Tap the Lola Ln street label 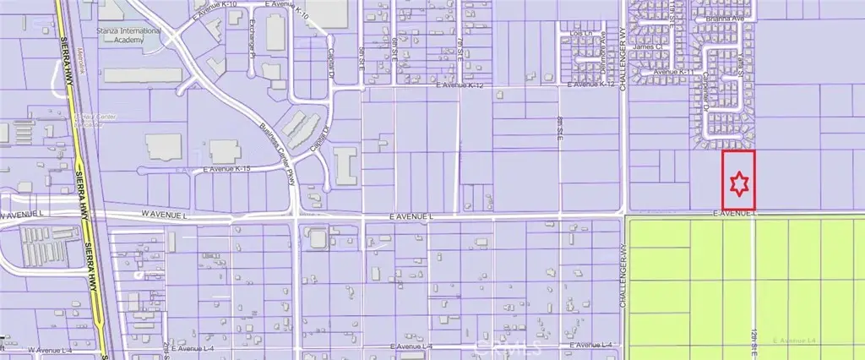579,34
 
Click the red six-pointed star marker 739,183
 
